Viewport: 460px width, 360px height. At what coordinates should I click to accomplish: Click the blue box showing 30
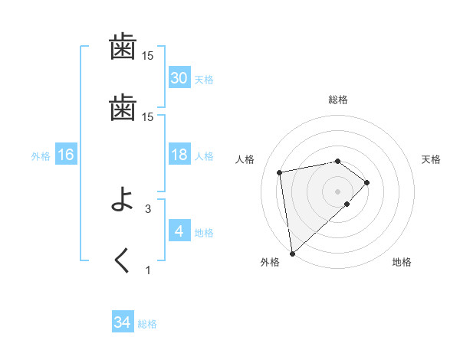pos(179,78)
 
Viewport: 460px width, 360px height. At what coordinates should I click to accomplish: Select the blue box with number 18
pos(179,155)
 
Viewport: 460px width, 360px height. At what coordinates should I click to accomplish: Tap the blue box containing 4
pos(179,231)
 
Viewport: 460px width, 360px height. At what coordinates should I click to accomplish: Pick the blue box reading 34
pos(123,322)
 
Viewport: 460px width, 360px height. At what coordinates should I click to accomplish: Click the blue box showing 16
pos(65,155)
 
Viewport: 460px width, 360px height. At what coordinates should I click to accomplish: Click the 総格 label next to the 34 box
pos(147,324)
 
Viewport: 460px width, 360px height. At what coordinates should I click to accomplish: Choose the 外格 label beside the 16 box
pos(41,155)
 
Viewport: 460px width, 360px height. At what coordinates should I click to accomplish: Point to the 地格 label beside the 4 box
pos(204,233)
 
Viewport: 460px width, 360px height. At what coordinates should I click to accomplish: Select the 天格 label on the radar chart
pos(431,159)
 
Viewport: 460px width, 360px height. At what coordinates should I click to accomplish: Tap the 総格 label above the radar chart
pos(337,100)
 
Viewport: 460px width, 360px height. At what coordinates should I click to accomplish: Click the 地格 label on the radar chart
pos(402,262)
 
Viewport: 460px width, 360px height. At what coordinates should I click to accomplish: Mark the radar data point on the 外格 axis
pos(292,252)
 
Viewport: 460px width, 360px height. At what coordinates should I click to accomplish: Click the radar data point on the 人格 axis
pos(280,172)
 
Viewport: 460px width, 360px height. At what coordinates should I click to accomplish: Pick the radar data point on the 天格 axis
pos(367,182)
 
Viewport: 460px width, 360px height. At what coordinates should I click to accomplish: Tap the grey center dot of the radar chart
pos(337,191)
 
